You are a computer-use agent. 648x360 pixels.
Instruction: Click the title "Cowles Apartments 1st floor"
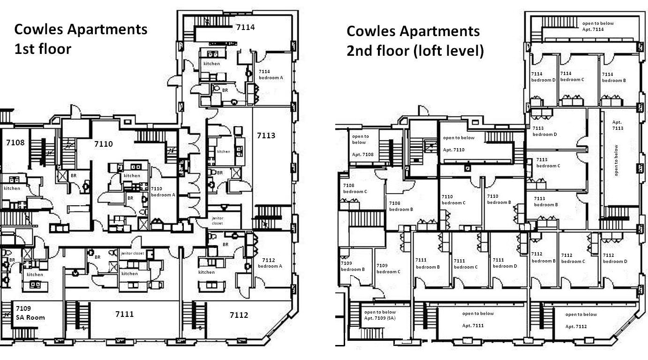click(x=81, y=39)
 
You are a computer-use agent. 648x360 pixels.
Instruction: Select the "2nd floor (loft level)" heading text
click(x=415, y=51)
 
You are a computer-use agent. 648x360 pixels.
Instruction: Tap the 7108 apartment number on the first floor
click(x=15, y=142)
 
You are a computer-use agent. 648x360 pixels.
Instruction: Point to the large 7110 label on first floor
click(x=103, y=144)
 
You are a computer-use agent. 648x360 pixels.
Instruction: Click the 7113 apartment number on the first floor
click(x=266, y=135)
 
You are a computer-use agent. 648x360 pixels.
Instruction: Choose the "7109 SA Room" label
click(x=30, y=313)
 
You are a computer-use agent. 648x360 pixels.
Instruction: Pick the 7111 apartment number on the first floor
click(x=124, y=314)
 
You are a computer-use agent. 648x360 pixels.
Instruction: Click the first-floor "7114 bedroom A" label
click(x=271, y=75)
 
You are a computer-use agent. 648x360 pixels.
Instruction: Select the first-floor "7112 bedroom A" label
click(x=270, y=263)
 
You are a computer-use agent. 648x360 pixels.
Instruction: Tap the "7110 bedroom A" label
click(x=163, y=191)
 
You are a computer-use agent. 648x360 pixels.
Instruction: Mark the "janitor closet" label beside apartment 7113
click(x=217, y=221)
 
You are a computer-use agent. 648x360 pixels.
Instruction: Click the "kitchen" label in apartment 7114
click(x=211, y=64)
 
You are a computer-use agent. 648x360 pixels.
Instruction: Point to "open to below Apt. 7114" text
click(x=598, y=26)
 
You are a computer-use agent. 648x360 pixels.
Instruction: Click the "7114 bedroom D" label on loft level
click(x=543, y=77)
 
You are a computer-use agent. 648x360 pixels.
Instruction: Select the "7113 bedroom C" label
click(x=548, y=163)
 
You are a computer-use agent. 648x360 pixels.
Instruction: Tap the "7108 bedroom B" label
click(x=401, y=206)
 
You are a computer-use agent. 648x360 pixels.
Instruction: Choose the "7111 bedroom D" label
click(x=505, y=263)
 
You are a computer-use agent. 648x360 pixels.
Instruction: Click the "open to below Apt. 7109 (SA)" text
click(x=380, y=315)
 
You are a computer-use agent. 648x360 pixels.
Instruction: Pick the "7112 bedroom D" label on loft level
click(x=615, y=258)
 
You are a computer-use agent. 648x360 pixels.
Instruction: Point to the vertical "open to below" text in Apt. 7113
click(x=616, y=160)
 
